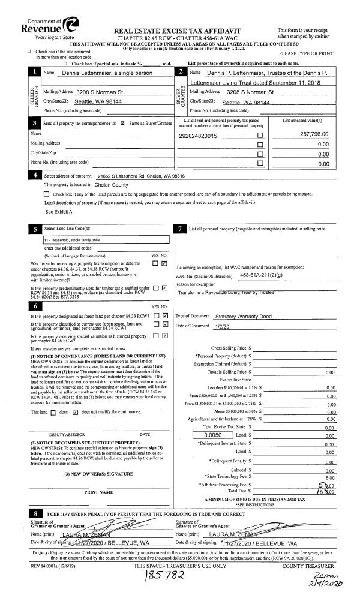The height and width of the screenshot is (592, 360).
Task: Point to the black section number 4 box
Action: coord(35,176)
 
